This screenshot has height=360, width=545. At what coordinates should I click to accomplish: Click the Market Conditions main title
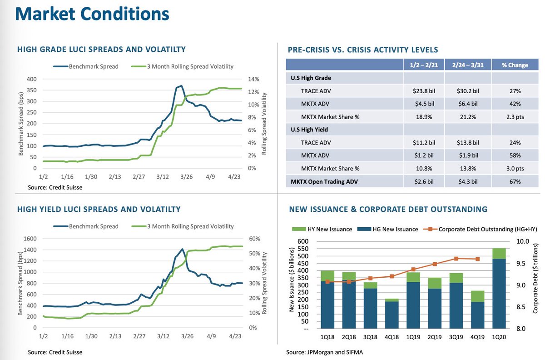pyautogui.click(x=93, y=15)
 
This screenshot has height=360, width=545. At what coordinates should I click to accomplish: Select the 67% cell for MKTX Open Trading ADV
pyautogui.click(x=515, y=181)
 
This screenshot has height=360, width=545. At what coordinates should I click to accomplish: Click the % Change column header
pyautogui.click(x=515, y=65)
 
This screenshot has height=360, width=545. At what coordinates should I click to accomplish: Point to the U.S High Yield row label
pyautogui.click(x=309, y=130)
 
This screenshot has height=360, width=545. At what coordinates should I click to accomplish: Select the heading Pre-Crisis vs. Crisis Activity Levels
pyautogui.click(x=363, y=50)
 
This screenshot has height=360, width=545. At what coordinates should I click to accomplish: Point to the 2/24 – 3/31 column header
pyautogui.click(x=468, y=65)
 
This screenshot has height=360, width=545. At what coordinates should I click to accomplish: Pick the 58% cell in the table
pyautogui.click(x=515, y=155)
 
